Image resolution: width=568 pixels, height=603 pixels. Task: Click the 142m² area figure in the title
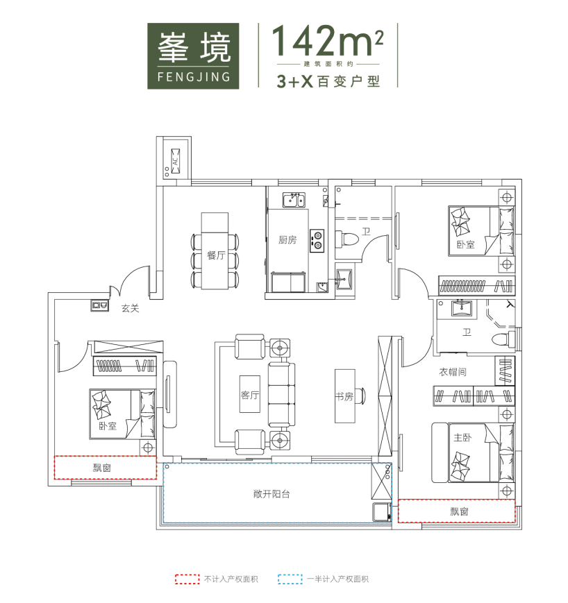pos(328,40)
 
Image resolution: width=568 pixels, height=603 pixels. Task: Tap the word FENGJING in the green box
pos(194,77)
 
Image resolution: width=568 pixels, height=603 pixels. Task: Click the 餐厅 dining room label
pos(215,255)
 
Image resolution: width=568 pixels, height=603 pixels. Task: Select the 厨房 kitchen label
pos(287,240)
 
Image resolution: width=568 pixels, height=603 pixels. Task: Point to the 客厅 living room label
pos(250,395)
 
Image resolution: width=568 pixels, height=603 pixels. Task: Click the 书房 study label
pos(344,396)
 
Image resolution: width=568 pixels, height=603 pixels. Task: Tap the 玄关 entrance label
pos(130,308)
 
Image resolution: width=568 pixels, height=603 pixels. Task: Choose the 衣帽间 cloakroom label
pos(453,372)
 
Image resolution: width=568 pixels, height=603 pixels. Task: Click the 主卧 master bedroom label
pos(462,438)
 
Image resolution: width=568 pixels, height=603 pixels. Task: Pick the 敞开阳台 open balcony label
pos(272,494)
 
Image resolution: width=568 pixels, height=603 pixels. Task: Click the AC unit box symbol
pos(176,161)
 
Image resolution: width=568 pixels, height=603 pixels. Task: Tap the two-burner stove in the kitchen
pos(317,241)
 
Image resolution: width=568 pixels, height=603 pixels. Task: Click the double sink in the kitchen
pos(294,200)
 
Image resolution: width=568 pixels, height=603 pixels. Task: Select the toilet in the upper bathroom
pos(346,238)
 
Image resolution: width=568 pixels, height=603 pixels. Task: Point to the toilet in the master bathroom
pos(503,339)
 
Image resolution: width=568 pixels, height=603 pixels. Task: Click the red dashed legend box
pos(187,579)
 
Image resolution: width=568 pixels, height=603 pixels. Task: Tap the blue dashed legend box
pos(290,579)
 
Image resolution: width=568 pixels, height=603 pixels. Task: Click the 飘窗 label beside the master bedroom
pos(459,511)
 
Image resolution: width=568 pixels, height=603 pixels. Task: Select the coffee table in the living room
pos(250,395)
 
